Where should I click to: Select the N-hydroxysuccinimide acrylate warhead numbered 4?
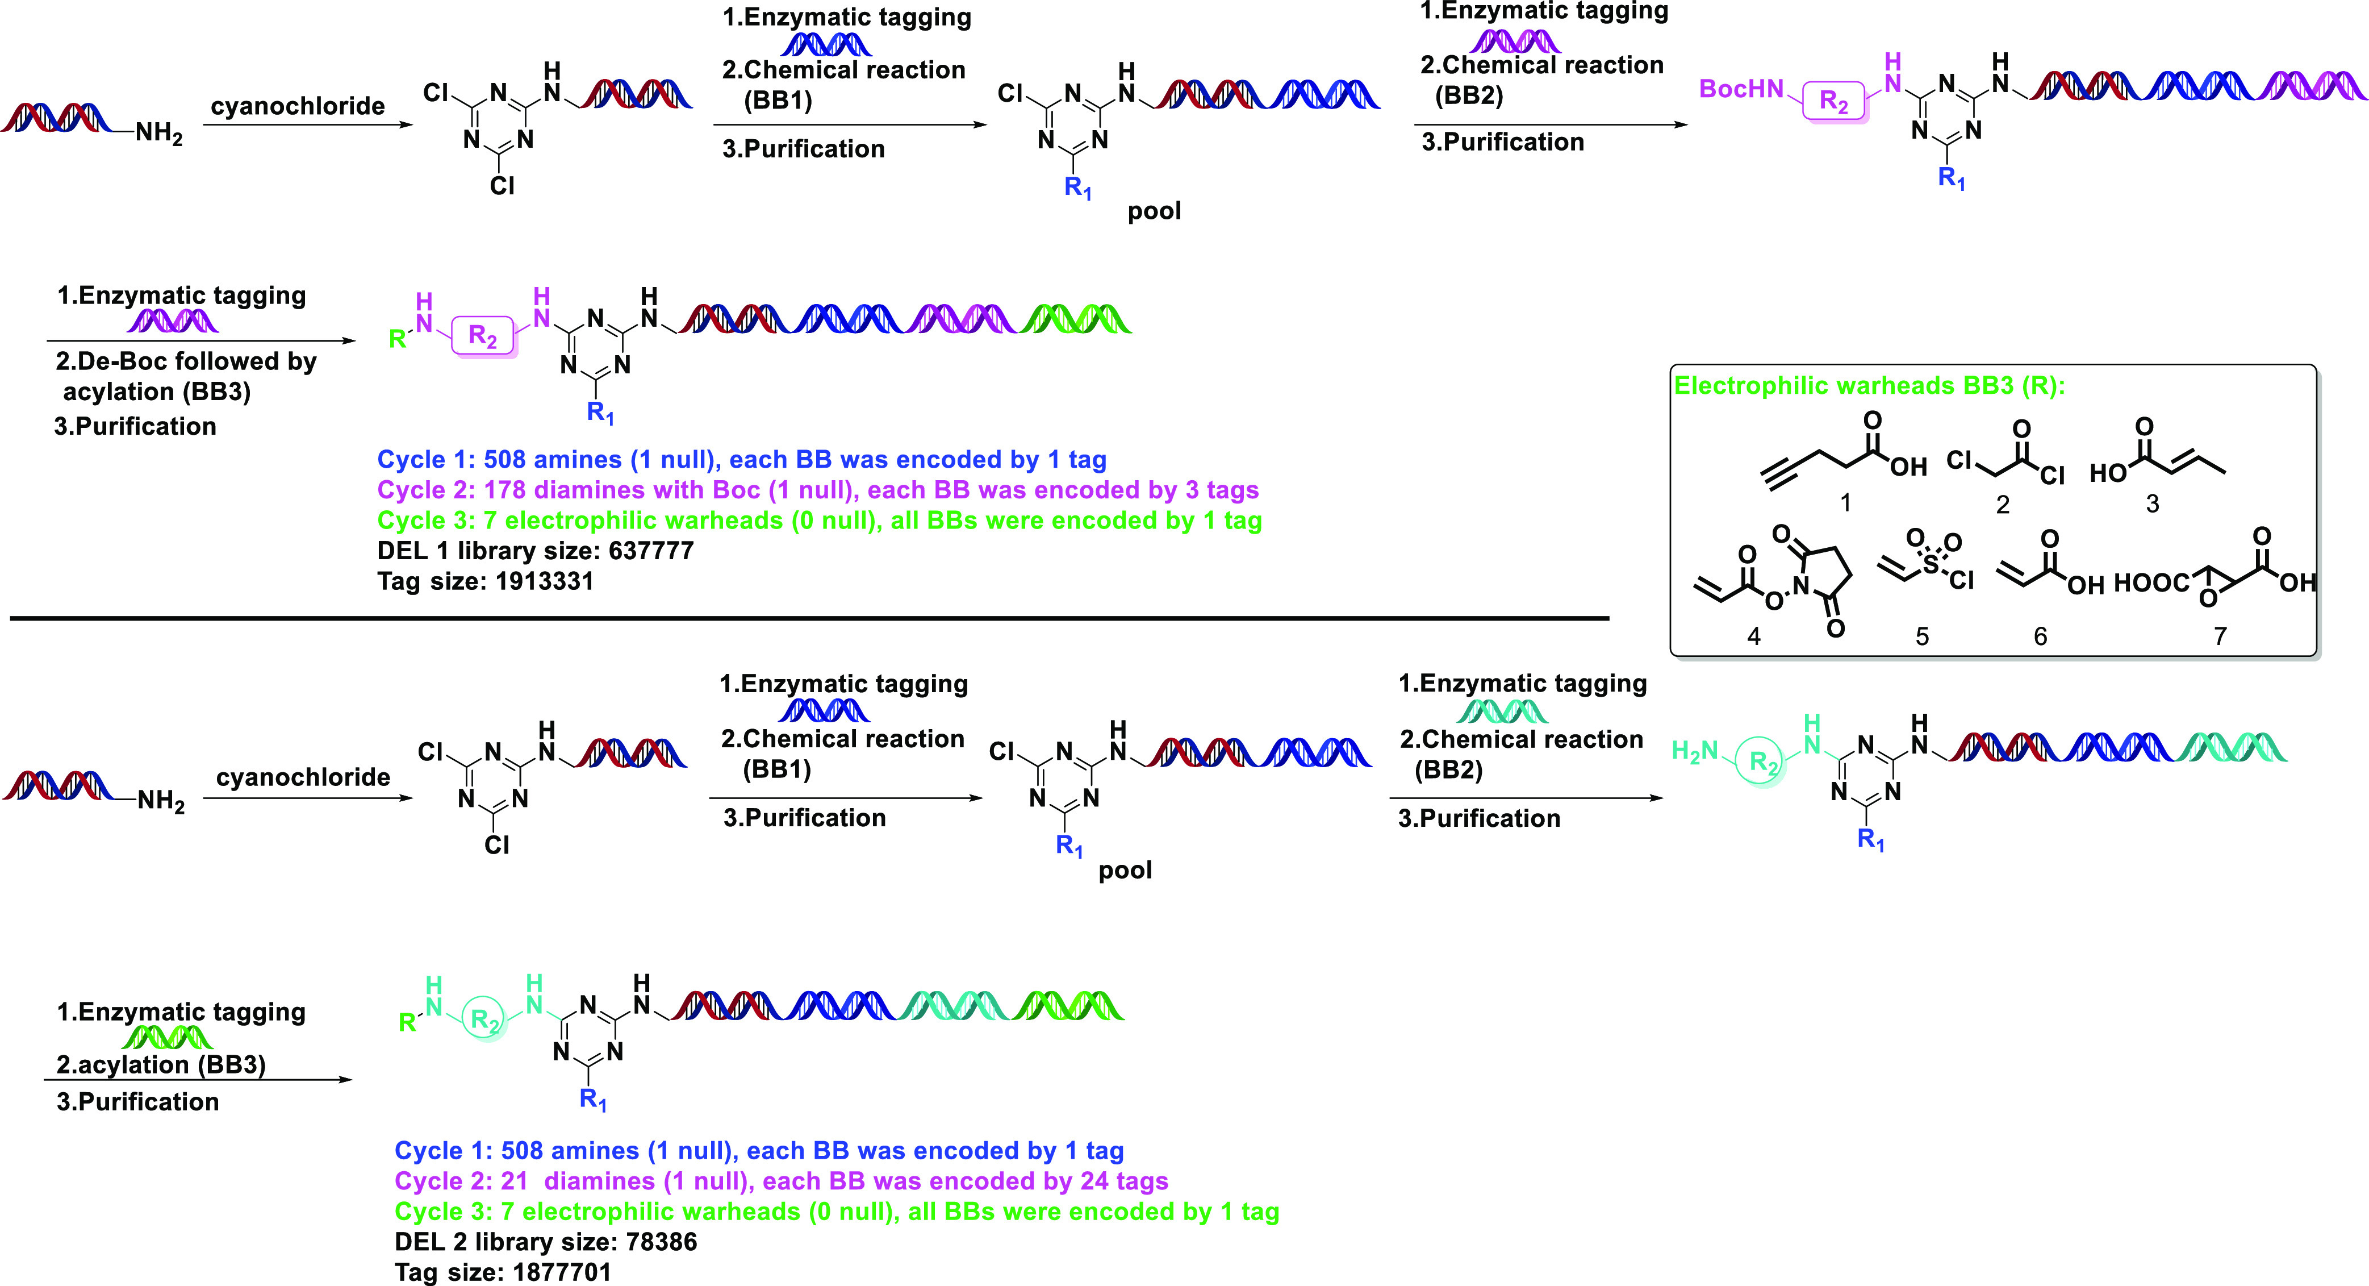click(x=1770, y=580)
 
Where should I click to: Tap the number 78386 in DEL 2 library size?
click(x=661, y=1242)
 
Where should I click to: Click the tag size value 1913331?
click(x=545, y=581)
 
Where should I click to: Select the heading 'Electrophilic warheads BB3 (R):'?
click(x=1869, y=385)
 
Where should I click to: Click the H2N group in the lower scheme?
click(x=1695, y=752)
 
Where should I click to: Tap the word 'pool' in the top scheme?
click(x=1154, y=211)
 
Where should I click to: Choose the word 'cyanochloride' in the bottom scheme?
click(x=303, y=777)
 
